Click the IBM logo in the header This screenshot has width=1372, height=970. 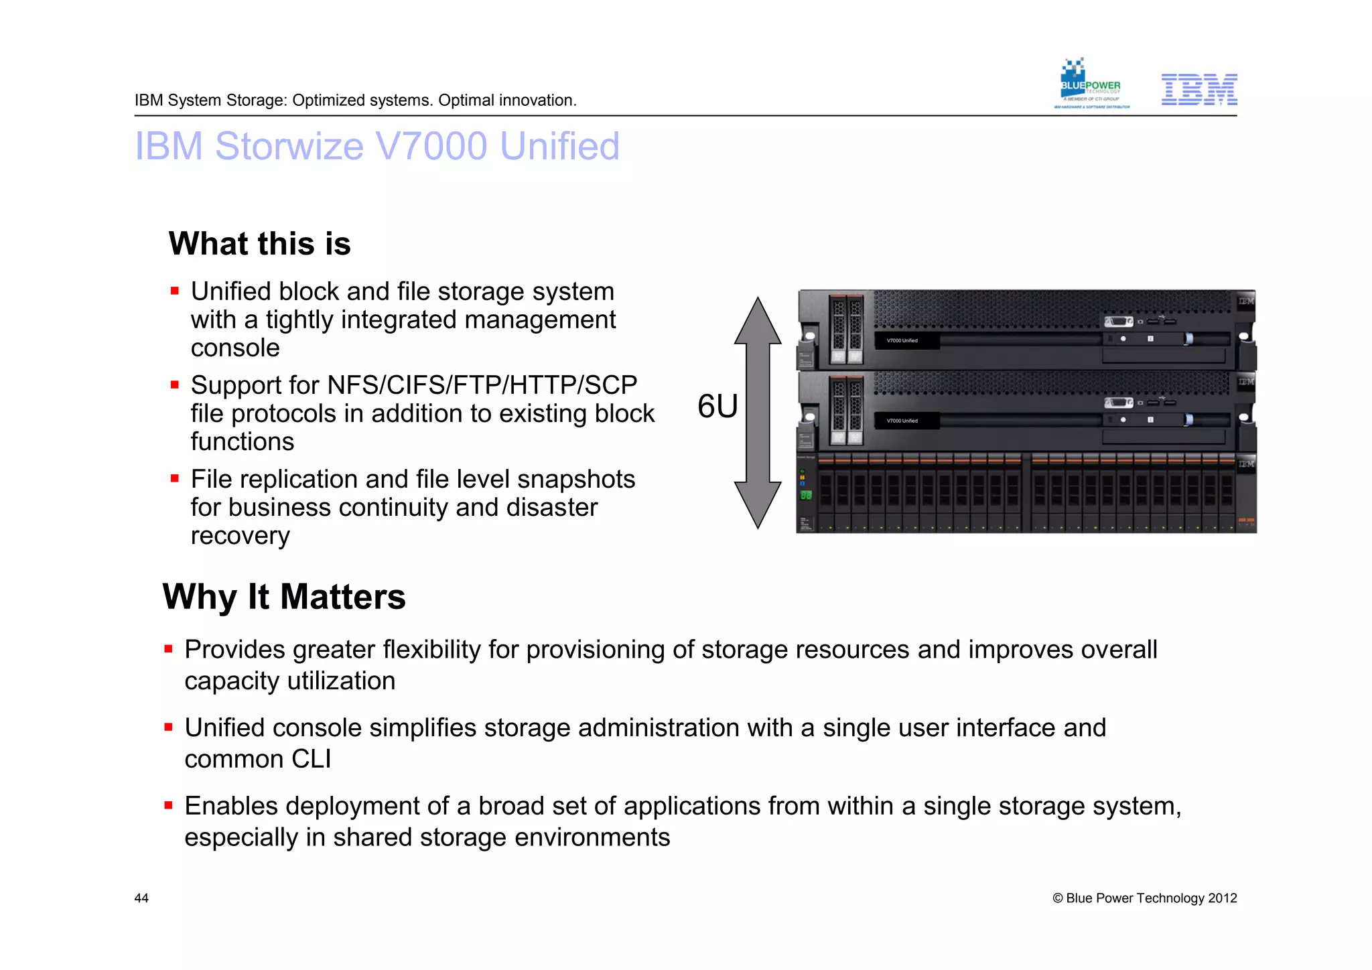click(1198, 90)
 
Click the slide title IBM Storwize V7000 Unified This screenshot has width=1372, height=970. click(377, 146)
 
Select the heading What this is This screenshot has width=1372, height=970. click(259, 243)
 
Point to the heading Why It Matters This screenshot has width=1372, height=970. click(284, 596)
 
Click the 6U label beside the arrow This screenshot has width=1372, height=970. click(717, 406)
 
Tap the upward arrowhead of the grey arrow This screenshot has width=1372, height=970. click(758, 321)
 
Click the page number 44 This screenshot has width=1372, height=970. click(141, 898)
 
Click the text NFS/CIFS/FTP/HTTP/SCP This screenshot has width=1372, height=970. click(482, 385)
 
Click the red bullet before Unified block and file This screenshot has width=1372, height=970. click(175, 291)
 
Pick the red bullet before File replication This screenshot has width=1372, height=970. click(175, 479)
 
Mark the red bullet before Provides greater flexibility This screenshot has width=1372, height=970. click(169, 649)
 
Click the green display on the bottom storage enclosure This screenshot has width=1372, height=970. click(806, 496)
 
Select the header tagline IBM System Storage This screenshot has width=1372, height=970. click(355, 100)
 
